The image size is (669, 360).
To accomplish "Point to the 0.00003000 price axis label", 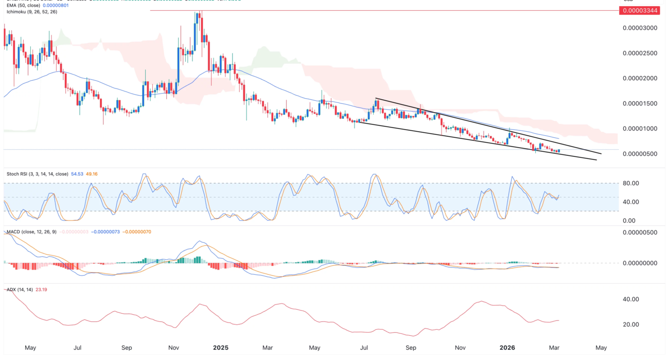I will point(640,28).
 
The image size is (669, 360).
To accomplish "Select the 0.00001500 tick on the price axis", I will point(640,104).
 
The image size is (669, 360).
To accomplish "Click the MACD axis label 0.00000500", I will point(640,233).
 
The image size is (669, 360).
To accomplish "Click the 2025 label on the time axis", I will point(221,348).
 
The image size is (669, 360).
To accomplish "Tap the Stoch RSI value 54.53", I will point(76,174).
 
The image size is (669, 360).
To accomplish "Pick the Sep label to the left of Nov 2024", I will point(126,348).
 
